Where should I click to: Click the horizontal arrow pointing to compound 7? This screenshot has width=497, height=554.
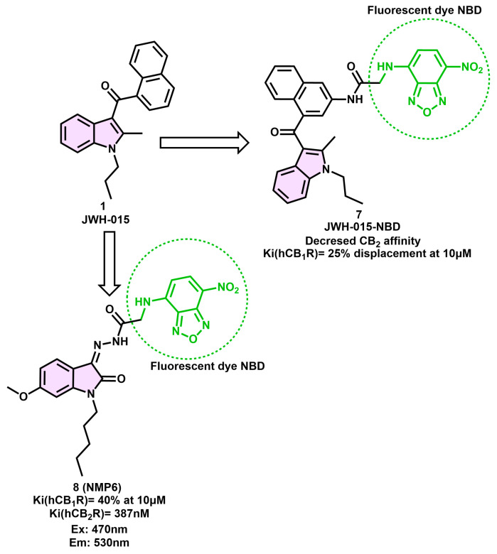[x=203, y=143]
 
